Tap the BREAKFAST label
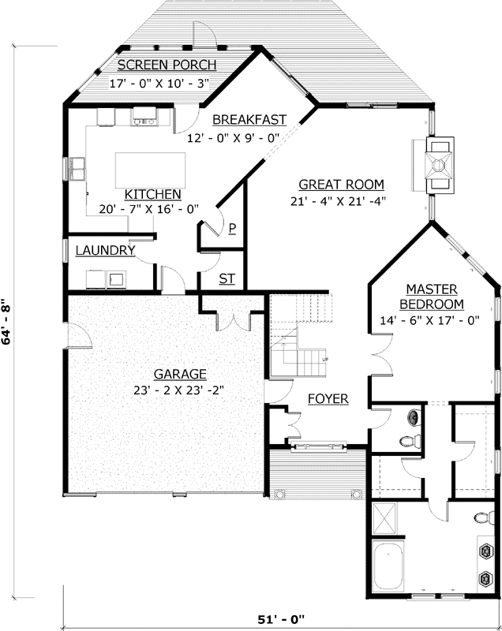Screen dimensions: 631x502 (249, 120)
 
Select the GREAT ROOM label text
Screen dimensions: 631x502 (341, 185)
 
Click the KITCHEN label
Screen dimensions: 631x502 (153, 193)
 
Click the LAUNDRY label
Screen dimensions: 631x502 (105, 251)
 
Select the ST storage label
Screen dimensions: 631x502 (227, 278)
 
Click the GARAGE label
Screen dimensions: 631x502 (180, 374)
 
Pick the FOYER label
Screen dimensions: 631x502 (328, 399)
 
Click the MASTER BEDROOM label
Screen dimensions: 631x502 (431, 297)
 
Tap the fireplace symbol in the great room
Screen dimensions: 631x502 (438, 164)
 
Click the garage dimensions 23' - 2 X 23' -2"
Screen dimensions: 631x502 (180, 389)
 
